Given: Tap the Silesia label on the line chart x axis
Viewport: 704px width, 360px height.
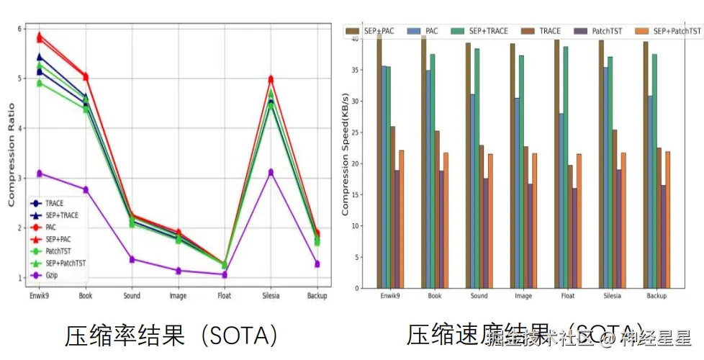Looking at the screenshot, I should pos(271,296).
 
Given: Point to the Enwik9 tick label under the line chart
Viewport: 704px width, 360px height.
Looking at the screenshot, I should pos(40,296).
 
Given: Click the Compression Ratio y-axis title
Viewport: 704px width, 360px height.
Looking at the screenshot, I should pos(12,155).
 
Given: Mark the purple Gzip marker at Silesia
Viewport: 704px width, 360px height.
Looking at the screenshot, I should pos(271,172).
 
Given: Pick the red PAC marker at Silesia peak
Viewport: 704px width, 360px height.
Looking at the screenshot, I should pos(271,79).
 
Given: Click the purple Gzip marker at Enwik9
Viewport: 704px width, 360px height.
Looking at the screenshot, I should pos(40,174).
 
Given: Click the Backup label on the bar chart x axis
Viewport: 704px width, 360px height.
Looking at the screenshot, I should pos(656,296).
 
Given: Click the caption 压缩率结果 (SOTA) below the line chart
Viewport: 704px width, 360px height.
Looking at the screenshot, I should pos(171,336).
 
